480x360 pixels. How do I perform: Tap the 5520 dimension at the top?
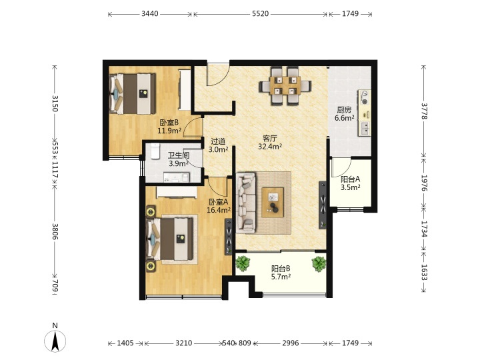click(260, 14)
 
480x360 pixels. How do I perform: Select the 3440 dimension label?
click(150, 14)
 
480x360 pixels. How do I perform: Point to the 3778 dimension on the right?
click(424, 111)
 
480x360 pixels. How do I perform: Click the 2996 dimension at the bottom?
click(290, 343)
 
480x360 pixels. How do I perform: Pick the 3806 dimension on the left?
click(55, 231)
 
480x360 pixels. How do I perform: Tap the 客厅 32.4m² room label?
click(270, 143)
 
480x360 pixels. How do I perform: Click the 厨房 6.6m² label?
click(345, 114)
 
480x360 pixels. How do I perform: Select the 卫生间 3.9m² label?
click(179, 159)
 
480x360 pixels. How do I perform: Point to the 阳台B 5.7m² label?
click(281, 273)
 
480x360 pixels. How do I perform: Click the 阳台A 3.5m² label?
click(350, 183)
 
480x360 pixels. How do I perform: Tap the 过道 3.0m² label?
click(218, 145)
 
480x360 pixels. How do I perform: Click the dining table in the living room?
click(285, 85)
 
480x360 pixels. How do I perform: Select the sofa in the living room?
click(245, 203)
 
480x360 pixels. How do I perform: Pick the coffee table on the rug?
click(273, 203)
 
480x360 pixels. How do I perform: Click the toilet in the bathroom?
click(155, 151)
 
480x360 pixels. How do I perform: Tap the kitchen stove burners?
click(364, 97)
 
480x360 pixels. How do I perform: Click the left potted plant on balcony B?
click(243, 263)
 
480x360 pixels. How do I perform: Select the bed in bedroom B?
click(133, 94)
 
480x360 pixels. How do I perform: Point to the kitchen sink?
click(365, 128)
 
